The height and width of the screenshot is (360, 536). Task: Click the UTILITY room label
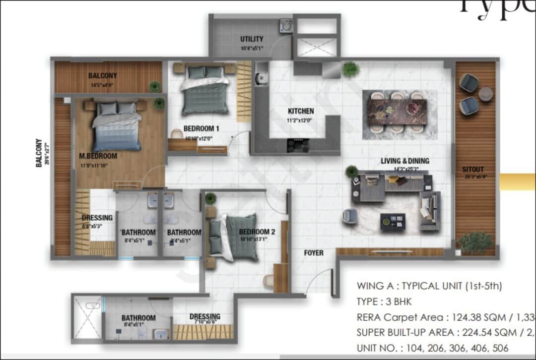252,39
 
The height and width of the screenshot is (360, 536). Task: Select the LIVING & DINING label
405,161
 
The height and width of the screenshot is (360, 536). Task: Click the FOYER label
314,253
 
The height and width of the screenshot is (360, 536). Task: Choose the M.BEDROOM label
98,156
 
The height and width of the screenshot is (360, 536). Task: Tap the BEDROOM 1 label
201,128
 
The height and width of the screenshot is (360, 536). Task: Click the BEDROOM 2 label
257,232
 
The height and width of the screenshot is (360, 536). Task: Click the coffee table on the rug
393,221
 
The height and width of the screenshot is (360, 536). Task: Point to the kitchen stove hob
298,144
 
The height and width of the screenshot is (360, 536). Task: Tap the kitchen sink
261,77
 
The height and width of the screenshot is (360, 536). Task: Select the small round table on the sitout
485,94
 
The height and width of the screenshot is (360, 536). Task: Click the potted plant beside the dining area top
350,69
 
